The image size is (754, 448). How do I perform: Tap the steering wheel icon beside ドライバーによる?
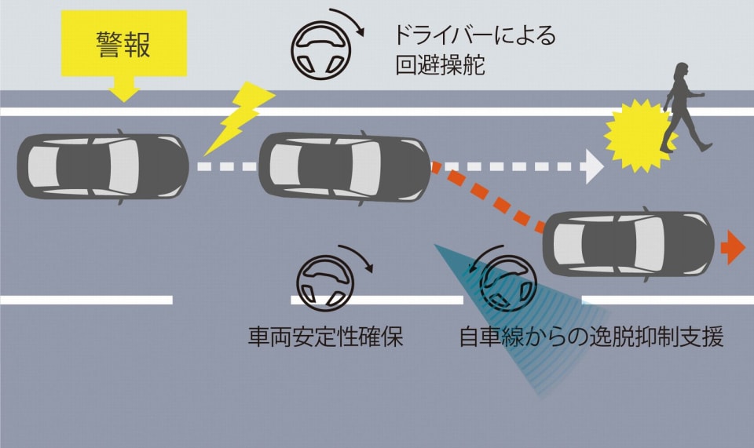[x=317, y=46]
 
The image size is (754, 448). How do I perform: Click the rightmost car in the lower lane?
[x=628, y=244]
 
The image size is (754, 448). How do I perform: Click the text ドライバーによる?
[x=475, y=36]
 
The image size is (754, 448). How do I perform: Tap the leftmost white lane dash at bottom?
[x=86, y=300]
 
